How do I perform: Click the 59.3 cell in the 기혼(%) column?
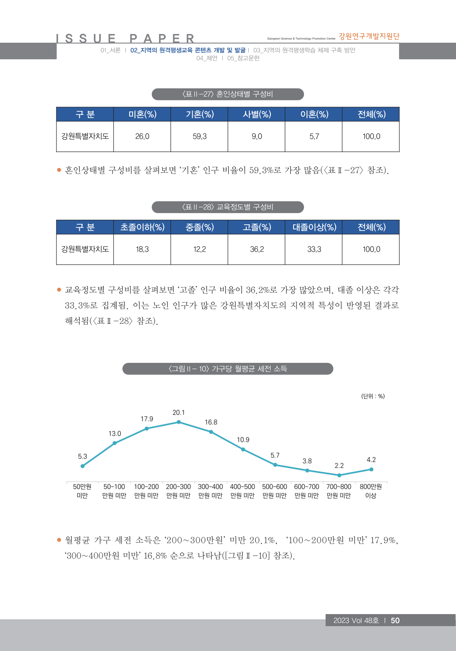[199, 136]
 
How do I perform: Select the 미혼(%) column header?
[142, 114]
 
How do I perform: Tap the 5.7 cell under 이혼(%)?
[314, 136]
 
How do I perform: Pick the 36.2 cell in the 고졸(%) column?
[257, 249]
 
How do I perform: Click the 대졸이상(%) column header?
[314, 227]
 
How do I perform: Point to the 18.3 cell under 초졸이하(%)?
[142, 249]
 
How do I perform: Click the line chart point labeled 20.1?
[179, 422]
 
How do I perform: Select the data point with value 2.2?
[339, 475]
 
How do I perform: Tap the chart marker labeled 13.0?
[115, 443]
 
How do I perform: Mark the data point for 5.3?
[83, 466]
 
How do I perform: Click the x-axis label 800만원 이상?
[371, 491]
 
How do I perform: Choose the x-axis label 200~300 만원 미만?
[179, 491]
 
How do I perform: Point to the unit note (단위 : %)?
[373, 396]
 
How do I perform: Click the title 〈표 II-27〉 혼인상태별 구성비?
[228, 94]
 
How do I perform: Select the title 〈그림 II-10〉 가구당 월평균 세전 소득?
[228, 369]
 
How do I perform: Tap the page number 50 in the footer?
[395, 620]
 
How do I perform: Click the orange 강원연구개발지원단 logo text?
[369, 36]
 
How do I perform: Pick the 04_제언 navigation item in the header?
[207, 58]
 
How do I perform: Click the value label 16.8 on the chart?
[211, 422]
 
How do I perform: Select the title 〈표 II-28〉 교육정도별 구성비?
[228, 207]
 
